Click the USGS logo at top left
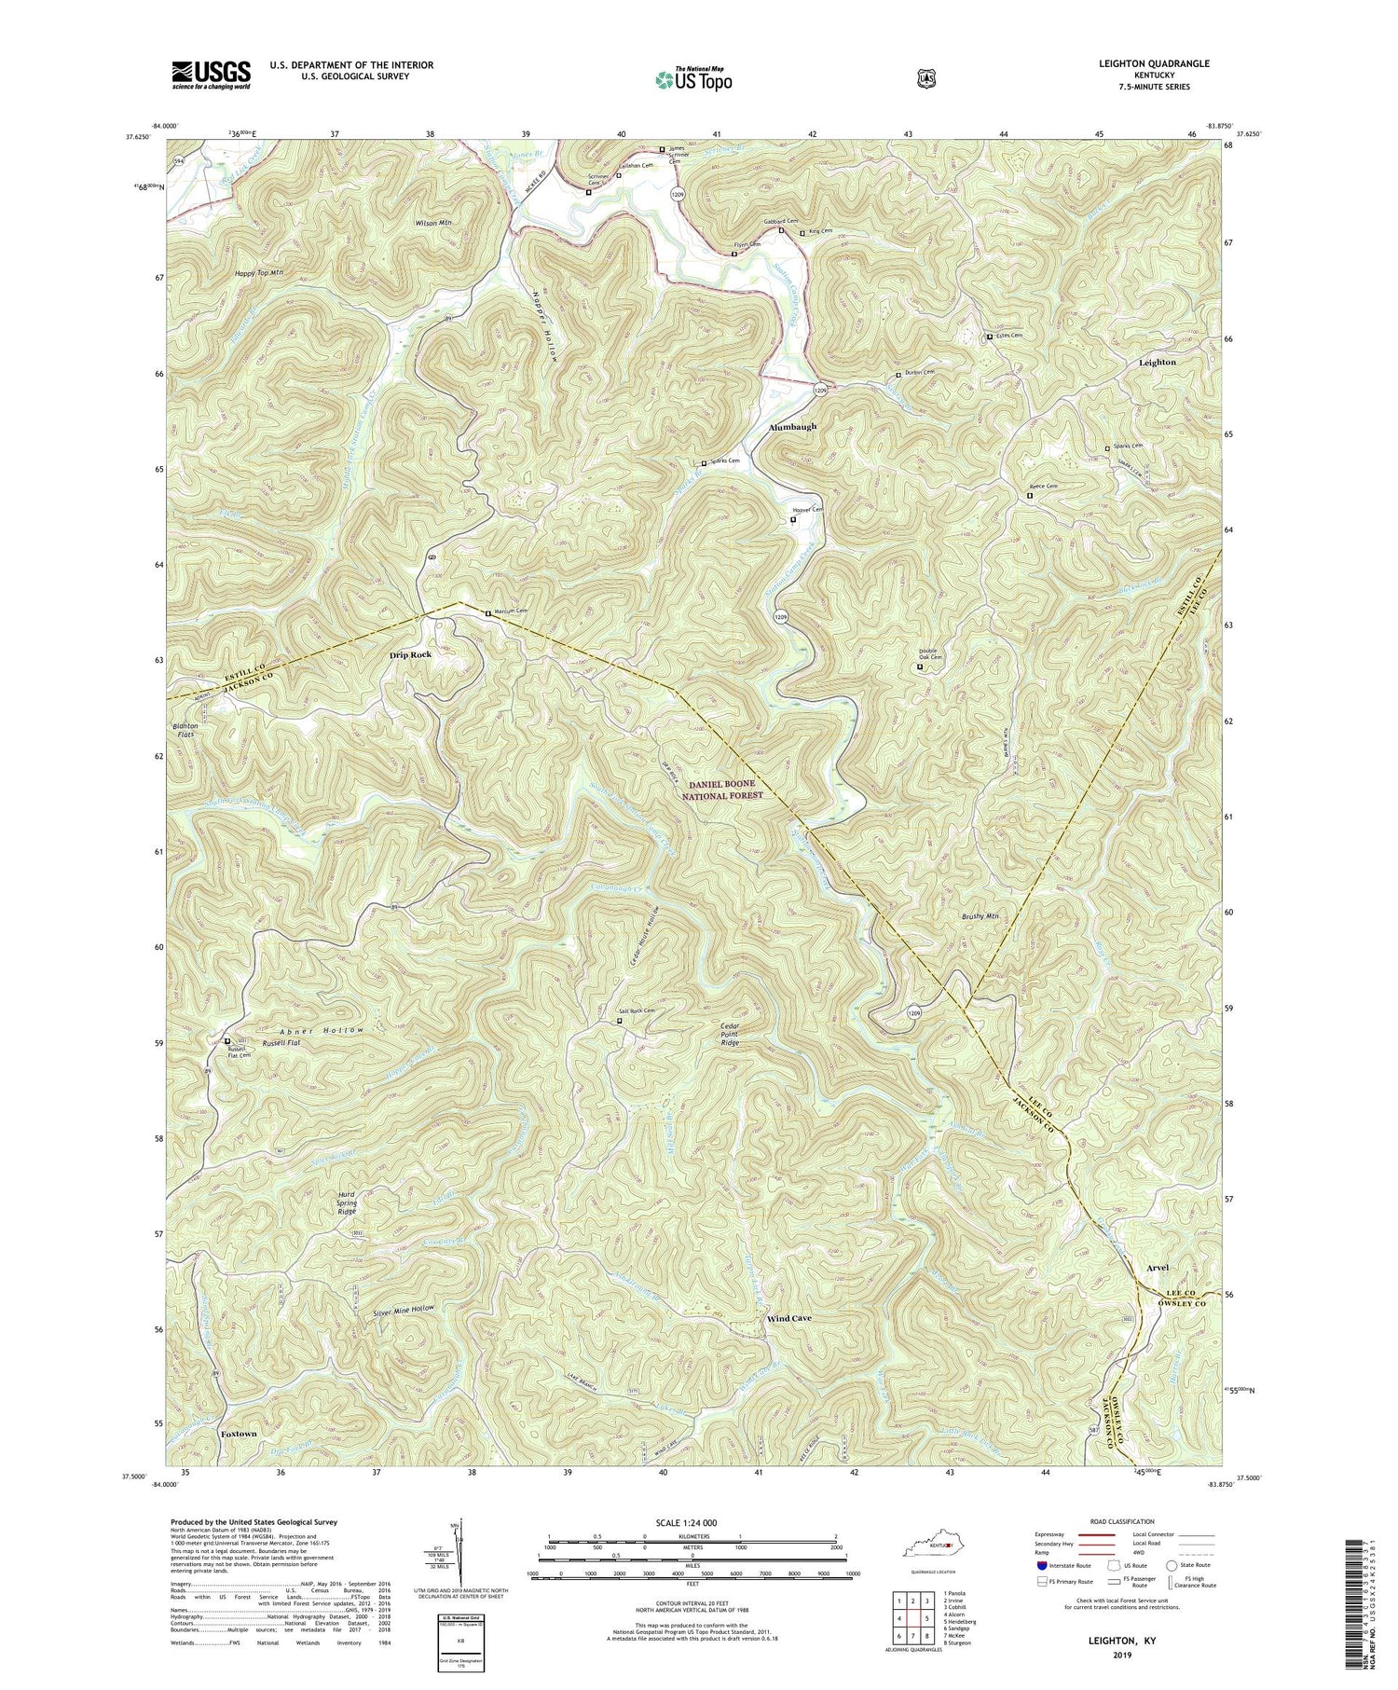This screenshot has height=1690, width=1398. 212,75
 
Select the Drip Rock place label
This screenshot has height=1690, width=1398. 411,654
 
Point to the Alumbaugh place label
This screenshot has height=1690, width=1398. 792,427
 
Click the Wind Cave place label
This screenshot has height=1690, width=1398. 788,1318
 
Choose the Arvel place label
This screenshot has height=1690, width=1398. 1150,1268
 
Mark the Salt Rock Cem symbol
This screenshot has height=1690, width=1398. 620,1021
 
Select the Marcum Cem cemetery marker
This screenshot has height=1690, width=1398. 487,612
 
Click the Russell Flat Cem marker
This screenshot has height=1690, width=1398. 226,1041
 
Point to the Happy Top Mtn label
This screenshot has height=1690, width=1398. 258,273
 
